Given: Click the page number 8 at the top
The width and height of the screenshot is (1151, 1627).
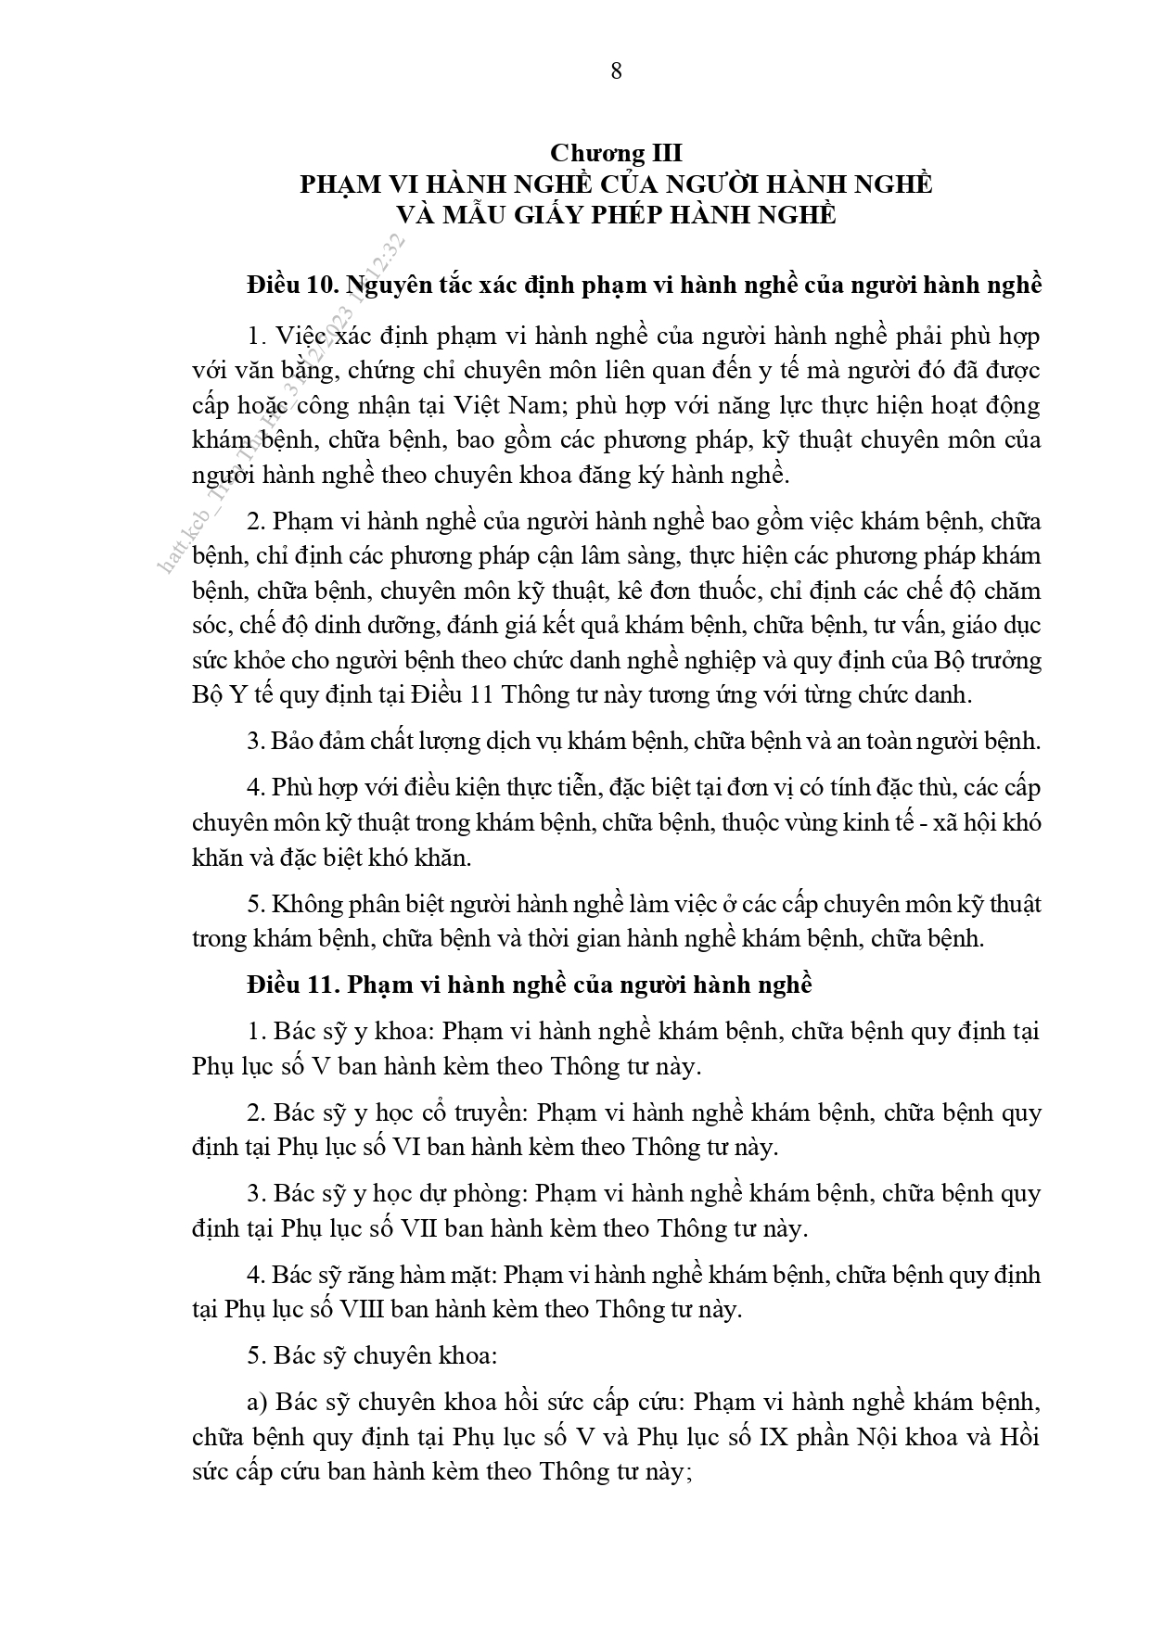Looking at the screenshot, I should [x=617, y=70].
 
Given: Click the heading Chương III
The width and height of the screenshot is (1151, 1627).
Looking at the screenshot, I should [x=616, y=153].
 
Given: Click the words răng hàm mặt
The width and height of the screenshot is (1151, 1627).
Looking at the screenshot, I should [x=424, y=1276].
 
